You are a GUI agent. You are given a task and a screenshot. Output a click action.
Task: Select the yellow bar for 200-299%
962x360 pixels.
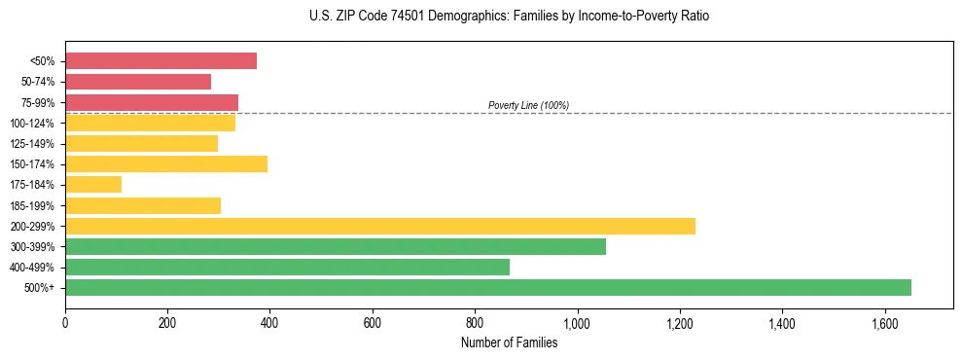pos(380,226)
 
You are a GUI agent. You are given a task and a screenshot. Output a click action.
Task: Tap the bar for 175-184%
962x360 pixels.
pos(93,184)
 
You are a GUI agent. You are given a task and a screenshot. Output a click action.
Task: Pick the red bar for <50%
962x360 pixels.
pos(161,60)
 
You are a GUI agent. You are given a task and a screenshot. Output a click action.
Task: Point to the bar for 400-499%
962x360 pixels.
pos(288,267)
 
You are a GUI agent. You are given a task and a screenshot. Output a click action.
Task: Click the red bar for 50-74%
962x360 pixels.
pos(138,82)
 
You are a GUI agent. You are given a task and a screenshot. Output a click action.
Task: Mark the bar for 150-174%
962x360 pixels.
pos(166,163)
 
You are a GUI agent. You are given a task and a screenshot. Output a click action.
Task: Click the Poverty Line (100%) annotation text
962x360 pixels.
pos(528,105)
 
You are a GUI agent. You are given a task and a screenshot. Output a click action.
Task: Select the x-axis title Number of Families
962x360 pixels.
pos(509,342)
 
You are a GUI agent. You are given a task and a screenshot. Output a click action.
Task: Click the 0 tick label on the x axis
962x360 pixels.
pos(65,323)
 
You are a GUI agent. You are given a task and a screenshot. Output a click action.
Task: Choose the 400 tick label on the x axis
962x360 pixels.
pos(270,323)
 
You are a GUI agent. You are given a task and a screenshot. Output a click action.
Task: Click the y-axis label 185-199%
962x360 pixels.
pos(32,205)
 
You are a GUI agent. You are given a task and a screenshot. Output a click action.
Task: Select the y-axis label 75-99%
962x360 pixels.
pos(36,102)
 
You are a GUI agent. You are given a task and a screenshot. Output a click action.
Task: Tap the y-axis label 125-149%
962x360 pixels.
pos(32,143)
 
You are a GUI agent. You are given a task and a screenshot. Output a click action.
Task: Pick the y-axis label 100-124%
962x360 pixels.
pos(32,123)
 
